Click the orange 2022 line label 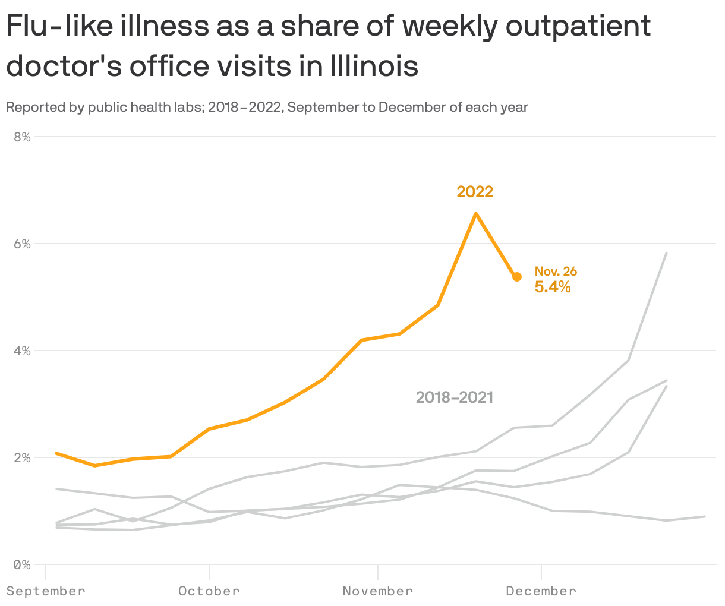(x=475, y=192)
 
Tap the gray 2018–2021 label (x=455, y=397)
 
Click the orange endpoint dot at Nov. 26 (x=517, y=277)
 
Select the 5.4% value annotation (x=553, y=288)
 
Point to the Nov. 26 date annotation (x=556, y=272)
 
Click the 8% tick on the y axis (x=22, y=137)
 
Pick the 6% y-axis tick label (x=22, y=244)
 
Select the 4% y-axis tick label (x=22, y=351)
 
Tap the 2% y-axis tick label (x=22, y=457)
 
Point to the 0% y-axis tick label (x=22, y=564)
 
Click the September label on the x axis (x=46, y=591)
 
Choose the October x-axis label (x=209, y=591)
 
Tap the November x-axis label (x=378, y=591)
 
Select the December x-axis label (x=541, y=591)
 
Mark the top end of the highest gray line (x=666, y=253)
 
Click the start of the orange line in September (x=56, y=453)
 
